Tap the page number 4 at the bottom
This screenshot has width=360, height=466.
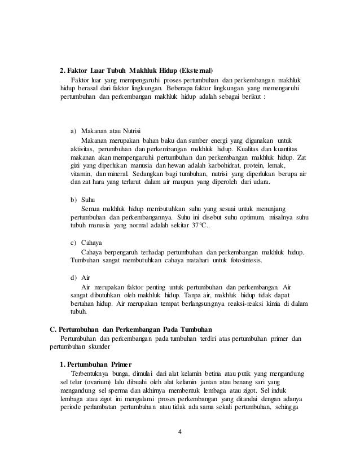pyautogui.click(x=179, y=433)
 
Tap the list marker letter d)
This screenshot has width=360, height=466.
pyautogui.click(x=73, y=278)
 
